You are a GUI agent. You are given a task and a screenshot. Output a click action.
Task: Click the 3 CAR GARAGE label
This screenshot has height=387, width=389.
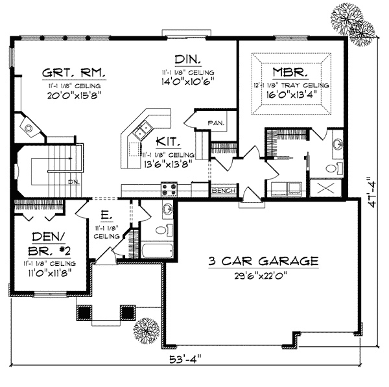pyautogui.click(x=263, y=261)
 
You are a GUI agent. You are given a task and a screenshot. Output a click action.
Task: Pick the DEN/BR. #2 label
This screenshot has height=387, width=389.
pyautogui.click(x=45, y=244)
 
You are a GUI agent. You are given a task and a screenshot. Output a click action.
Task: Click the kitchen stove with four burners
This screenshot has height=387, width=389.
pyautogui.click(x=169, y=189)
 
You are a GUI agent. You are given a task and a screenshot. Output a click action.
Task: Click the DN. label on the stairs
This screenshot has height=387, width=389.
pyautogui.click(x=75, y=183)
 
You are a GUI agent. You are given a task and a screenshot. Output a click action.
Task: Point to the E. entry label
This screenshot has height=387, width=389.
pyautogui.click(x=104, y=214)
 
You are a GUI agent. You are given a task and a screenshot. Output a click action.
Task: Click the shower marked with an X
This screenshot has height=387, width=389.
pyautogui.click(x=322, y=189)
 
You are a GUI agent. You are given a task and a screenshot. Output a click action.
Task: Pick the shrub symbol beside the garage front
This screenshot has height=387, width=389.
pyautogui.click(x=147, y=331)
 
